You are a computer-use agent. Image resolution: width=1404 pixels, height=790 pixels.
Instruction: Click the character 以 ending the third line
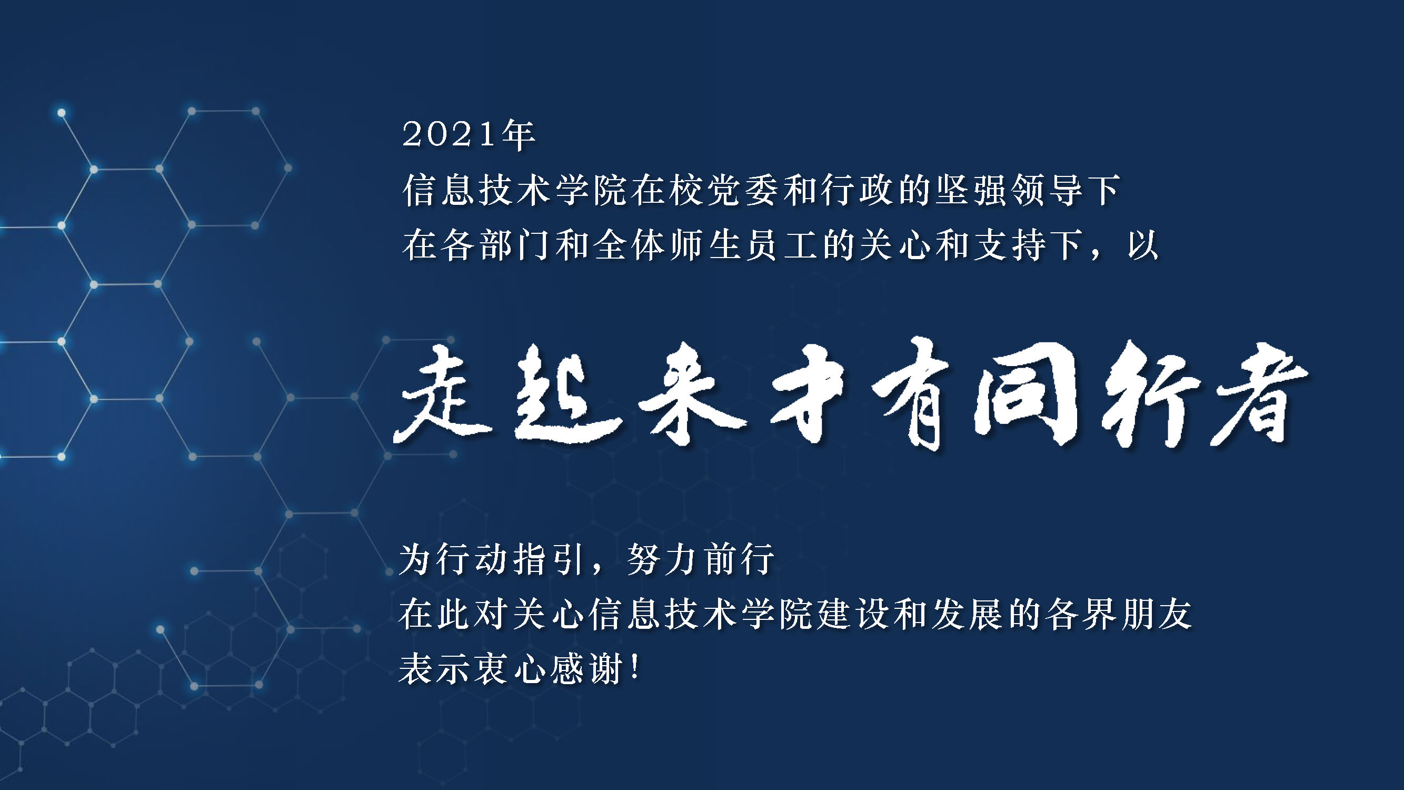(1143, 245)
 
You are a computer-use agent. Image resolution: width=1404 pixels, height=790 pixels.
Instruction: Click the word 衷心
(510, 668)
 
